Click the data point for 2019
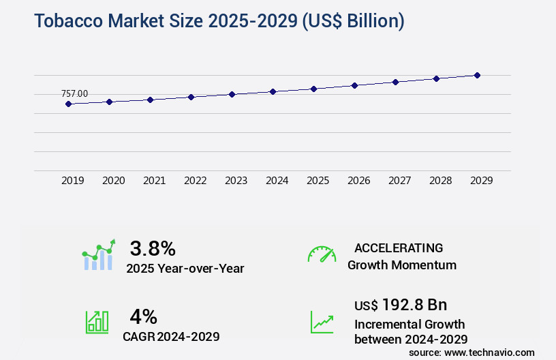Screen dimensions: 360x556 point(68,104)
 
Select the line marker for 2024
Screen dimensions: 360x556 point(273,91)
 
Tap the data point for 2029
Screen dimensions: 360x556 point(477,75)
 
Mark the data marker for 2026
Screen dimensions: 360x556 point(354,85)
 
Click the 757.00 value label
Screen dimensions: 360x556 point(74,93)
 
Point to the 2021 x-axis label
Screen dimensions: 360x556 point(154,181)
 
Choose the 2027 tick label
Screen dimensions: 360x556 point(399,181)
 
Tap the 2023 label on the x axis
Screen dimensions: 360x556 point(236,181)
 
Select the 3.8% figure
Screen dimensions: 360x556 point(153,247)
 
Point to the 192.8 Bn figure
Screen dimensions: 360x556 point(414,304)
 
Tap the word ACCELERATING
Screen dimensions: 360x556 point(399,247)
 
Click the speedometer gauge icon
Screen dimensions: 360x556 point(322,254)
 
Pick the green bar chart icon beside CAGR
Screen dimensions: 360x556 point(97,322)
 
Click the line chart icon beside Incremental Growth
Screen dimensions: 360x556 point(322,322)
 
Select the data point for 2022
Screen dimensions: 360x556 point(191,97)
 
